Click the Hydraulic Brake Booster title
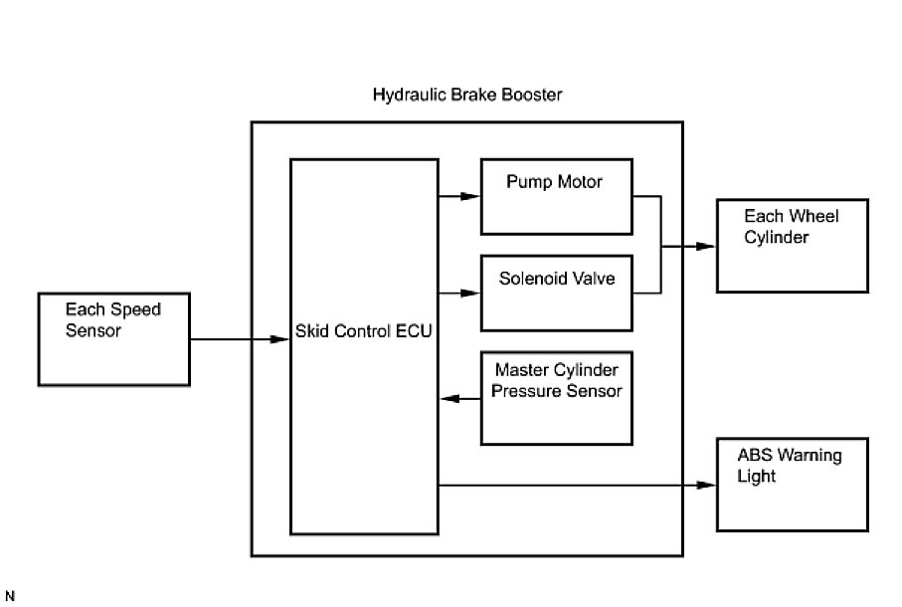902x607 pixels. click(467, 96)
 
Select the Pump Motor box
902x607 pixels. click(556, 196)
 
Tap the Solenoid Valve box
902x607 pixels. click(556, 293)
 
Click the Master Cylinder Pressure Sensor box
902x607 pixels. click(556, 398)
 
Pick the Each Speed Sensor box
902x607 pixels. click(113, 338)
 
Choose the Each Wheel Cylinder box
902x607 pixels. click(792, 245)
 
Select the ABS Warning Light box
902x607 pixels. click(792, 484)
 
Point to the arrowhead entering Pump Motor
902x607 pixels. click(472, 196)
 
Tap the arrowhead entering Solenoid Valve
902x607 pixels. click(472, 293)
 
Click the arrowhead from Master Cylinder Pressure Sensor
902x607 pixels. click(448, 399)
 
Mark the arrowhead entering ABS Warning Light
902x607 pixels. click(708, 485)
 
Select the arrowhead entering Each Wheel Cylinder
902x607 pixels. click(708, 246)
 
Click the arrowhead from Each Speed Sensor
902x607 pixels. click(281, 339)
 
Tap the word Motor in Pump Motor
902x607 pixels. click(580, 182)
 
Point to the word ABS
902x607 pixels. click(753, 456)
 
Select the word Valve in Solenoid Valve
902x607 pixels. click(593, 279)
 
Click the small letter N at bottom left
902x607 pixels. click(10, 595)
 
